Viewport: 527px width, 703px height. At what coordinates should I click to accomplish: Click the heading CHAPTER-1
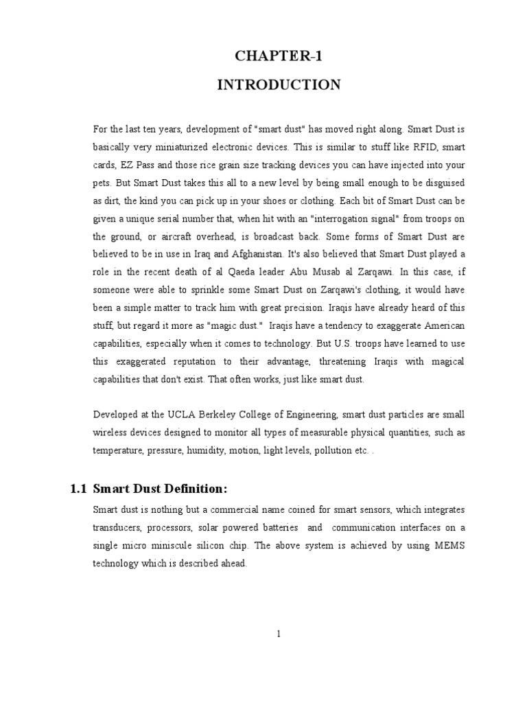(x=279, y=57)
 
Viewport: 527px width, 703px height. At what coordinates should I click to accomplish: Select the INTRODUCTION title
(x=279, y=84)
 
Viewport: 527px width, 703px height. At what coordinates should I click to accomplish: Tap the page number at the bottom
(x=279, y=634)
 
